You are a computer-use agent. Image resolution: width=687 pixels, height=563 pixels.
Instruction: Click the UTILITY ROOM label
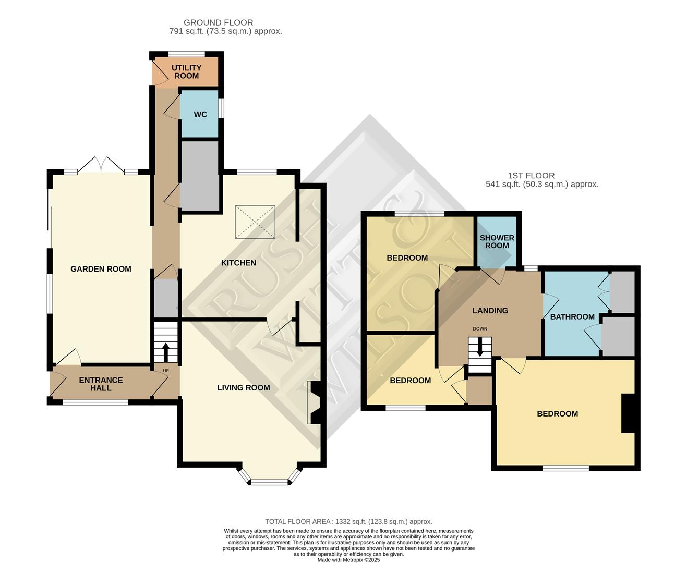186,72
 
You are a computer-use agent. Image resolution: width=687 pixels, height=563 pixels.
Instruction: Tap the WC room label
200,115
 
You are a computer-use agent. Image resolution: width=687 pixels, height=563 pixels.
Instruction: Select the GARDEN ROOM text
101,269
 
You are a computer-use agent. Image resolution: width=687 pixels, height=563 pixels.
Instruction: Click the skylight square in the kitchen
255,222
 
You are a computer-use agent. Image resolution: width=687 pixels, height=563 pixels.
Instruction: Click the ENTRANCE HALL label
101,384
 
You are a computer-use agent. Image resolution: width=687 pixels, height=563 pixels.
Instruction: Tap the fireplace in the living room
315,402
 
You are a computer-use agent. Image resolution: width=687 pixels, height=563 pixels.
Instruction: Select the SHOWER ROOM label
497,241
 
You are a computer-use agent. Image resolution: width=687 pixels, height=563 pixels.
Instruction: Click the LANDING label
490,311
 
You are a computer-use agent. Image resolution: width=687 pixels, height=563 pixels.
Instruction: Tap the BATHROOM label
572,317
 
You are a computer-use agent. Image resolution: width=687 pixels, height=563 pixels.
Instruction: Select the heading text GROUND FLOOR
218,22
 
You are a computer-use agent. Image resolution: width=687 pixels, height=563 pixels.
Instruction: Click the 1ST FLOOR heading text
531,176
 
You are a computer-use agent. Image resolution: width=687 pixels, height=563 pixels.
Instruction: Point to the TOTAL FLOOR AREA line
348,521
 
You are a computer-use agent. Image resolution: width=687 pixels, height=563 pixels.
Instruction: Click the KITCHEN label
238,263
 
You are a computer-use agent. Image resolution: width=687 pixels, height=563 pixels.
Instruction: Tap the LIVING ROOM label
244,388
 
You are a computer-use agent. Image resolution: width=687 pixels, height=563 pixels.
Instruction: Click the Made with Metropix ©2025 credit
348,560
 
